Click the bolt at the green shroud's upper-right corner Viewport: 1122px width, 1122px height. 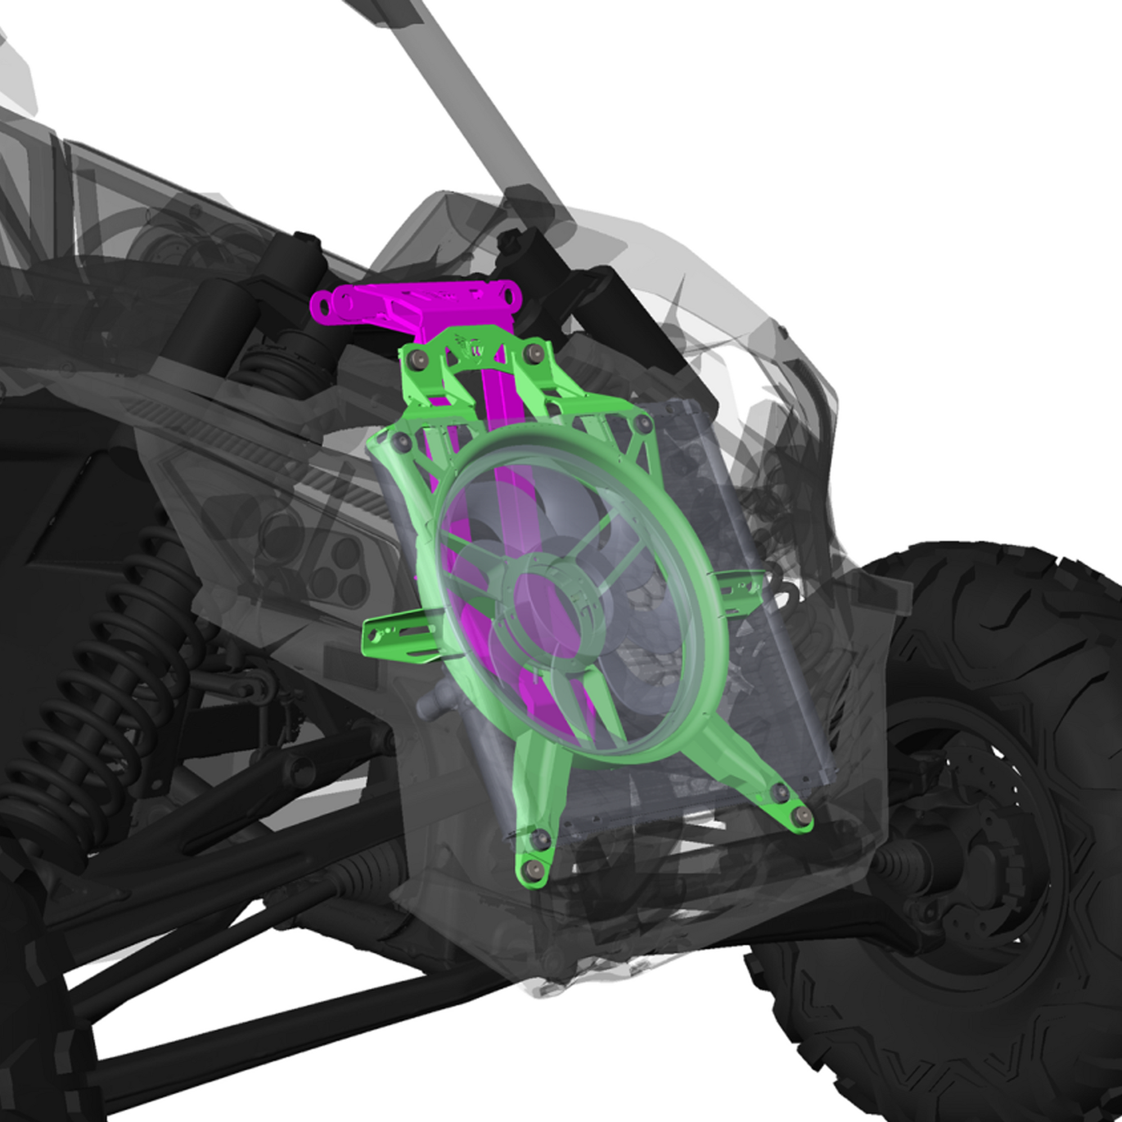click(642, 423)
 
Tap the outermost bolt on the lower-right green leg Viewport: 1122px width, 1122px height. click(803, 815)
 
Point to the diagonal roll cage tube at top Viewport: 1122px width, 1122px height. click(465, 87)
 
